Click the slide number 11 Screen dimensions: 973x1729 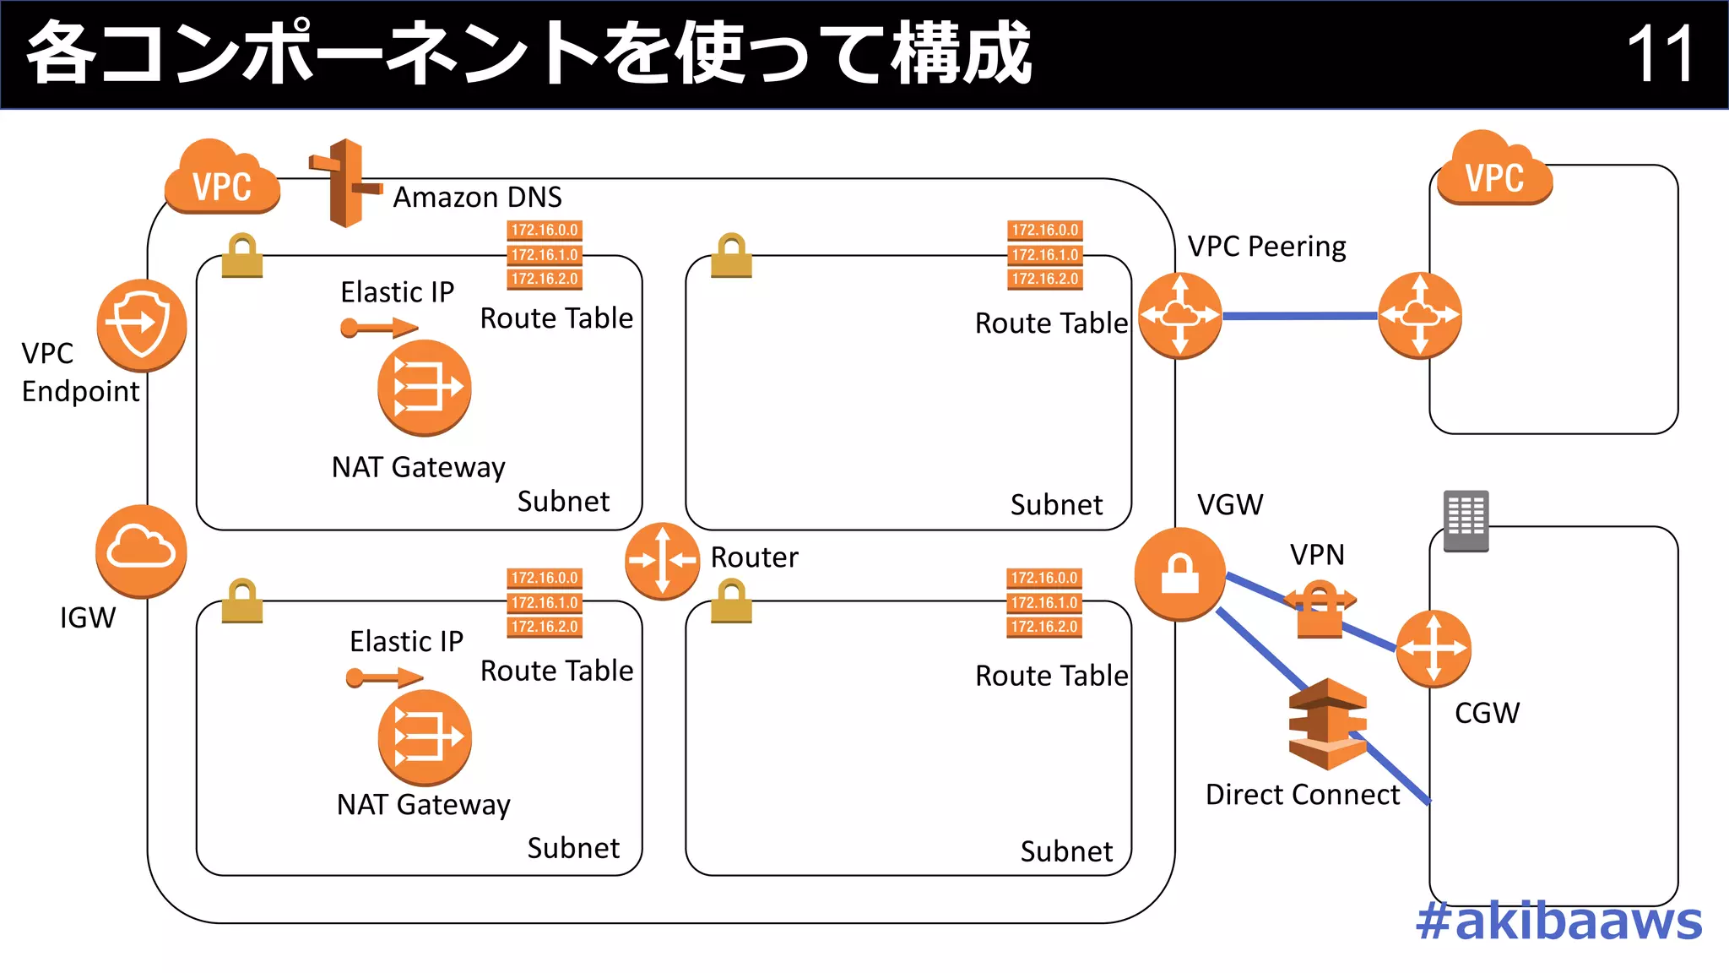point(1660,54)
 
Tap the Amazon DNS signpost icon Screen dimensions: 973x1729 point(345,183)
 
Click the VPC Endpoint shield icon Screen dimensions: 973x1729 point(141,325)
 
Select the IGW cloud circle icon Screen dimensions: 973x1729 point(141,551)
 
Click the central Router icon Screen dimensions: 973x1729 point(662,561)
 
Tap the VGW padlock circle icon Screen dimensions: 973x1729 point(1179,574)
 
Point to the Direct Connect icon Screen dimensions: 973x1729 point(1327,724)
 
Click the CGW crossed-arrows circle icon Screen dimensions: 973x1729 point(1433,649)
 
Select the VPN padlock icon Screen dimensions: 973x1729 point(1319,610)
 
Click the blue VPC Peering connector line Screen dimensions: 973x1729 point(1300,316)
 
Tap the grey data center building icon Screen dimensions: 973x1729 point(1466,520)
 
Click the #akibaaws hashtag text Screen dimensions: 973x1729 point(1558,921)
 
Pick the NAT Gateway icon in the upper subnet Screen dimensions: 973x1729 point(424,388)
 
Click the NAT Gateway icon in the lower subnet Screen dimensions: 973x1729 point(425,737)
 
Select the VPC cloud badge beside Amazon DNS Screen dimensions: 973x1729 point(222,179)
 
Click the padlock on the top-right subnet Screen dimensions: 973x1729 point(731,256)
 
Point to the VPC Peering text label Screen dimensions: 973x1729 point(1266,247)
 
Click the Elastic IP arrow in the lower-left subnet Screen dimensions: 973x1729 point(384,677)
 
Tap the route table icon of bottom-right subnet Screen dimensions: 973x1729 point(1044,602)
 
